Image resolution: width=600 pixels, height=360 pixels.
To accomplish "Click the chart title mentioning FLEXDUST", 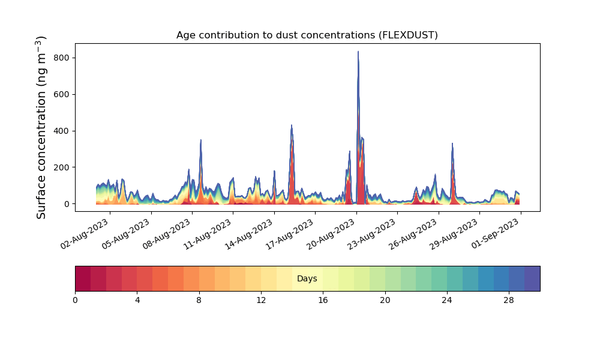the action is (307, 35).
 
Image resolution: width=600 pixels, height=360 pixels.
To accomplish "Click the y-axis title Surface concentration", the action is (41, 127).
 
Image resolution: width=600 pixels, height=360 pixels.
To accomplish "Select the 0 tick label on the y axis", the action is (67, 204).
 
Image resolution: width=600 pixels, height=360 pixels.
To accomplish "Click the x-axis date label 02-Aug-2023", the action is (85, 234).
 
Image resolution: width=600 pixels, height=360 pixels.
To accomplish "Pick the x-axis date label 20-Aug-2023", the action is (331, 234).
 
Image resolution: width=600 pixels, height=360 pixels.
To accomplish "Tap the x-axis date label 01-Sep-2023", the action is (496, 234).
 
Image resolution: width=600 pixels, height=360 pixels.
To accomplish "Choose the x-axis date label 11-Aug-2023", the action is (208, 234).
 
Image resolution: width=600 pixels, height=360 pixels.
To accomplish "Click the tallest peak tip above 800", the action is (358, 51).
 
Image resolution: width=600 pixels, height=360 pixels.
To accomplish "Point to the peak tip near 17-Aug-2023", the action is (292, 125).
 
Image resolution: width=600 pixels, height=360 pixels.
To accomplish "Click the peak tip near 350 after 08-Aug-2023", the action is (201, 140).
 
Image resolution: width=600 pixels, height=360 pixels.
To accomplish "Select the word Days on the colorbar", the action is (307, 278).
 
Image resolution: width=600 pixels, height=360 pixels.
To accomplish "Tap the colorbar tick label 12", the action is (261, 301).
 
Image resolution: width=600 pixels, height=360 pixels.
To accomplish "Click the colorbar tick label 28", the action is (509, 301).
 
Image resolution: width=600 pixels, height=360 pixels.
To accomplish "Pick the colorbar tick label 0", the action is (75, 301).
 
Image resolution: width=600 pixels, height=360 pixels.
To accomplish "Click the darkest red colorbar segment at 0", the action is (83, 278).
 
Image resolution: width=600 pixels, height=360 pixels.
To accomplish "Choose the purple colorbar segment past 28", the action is (532, 278).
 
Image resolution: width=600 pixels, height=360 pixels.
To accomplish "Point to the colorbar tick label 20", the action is (385, 301).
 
